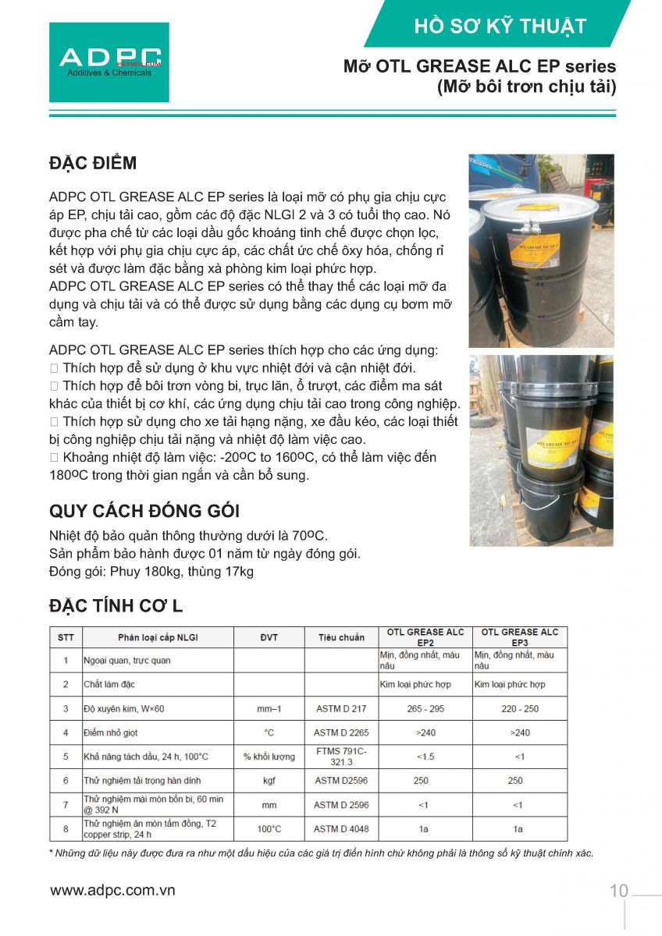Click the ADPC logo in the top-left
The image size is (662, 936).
(x=109, y=62)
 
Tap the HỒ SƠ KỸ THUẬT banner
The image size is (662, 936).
(x=500, y=26)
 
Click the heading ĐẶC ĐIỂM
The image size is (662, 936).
(x=93, y=163)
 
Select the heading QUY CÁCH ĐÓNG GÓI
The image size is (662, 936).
(x=144, y=511)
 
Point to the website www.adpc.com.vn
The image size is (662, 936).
(x=113, y=890)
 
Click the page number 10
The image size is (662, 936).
(x=618, y=891)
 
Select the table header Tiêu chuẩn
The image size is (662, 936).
(x=341, y=637)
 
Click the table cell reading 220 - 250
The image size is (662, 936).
(x=518, y=709)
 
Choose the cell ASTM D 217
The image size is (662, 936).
(x=341, y=709)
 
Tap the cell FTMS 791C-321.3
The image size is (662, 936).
(x=341, y=757)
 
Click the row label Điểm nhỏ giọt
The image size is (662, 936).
(x=111, y=732)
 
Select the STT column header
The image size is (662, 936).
(x=66, y=637)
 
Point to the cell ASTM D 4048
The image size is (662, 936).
(x=341, y=828)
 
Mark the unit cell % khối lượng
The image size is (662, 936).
(x=269, y=757)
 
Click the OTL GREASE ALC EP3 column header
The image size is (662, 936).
(x=519, y=637)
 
